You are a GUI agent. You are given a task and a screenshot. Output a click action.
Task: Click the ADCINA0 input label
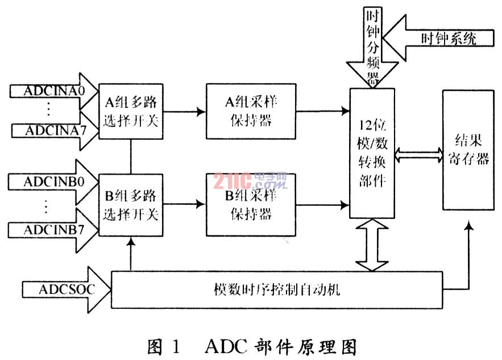click(x=55, y=91)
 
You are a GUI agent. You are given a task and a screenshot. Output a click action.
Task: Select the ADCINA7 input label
click(x=56, y=131)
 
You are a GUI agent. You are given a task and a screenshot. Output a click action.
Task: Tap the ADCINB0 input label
click(x=54, y=182)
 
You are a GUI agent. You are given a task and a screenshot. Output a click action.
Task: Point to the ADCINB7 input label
click(x=54, y=230)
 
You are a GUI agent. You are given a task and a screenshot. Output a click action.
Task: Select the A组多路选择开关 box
click(x=131, y=111)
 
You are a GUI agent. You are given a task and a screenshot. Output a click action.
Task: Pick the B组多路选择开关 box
click(x=131, y=205)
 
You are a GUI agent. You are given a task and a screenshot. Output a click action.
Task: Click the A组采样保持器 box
click(x=251, y=111)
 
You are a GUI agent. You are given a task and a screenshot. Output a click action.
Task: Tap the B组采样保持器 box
click(x=251, y=205)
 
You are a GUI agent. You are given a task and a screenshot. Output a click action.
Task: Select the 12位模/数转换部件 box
click(x=372, y=153)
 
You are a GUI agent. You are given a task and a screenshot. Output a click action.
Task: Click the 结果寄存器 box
click(x=468, y=150)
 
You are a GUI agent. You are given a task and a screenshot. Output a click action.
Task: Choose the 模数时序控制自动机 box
click(x=277, y=290)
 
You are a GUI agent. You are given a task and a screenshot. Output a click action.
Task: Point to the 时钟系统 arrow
click(x=438, y=38)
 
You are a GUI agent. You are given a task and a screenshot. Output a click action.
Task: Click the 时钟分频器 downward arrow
click(x=372, y=47)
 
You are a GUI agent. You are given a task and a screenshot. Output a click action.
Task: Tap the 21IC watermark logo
click(x=250, y=181)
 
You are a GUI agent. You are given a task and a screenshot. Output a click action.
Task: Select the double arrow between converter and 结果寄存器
click(x=419, y=155)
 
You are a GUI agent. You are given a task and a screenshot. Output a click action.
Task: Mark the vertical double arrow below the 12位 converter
click(x=372, y=245)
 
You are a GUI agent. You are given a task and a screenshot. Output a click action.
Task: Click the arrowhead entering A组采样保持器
click(x=202, y=111)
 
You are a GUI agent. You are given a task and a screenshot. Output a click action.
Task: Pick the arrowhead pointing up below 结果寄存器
click(x=469, y=226)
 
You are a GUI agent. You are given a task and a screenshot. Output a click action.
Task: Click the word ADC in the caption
click(x=226, y=346)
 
